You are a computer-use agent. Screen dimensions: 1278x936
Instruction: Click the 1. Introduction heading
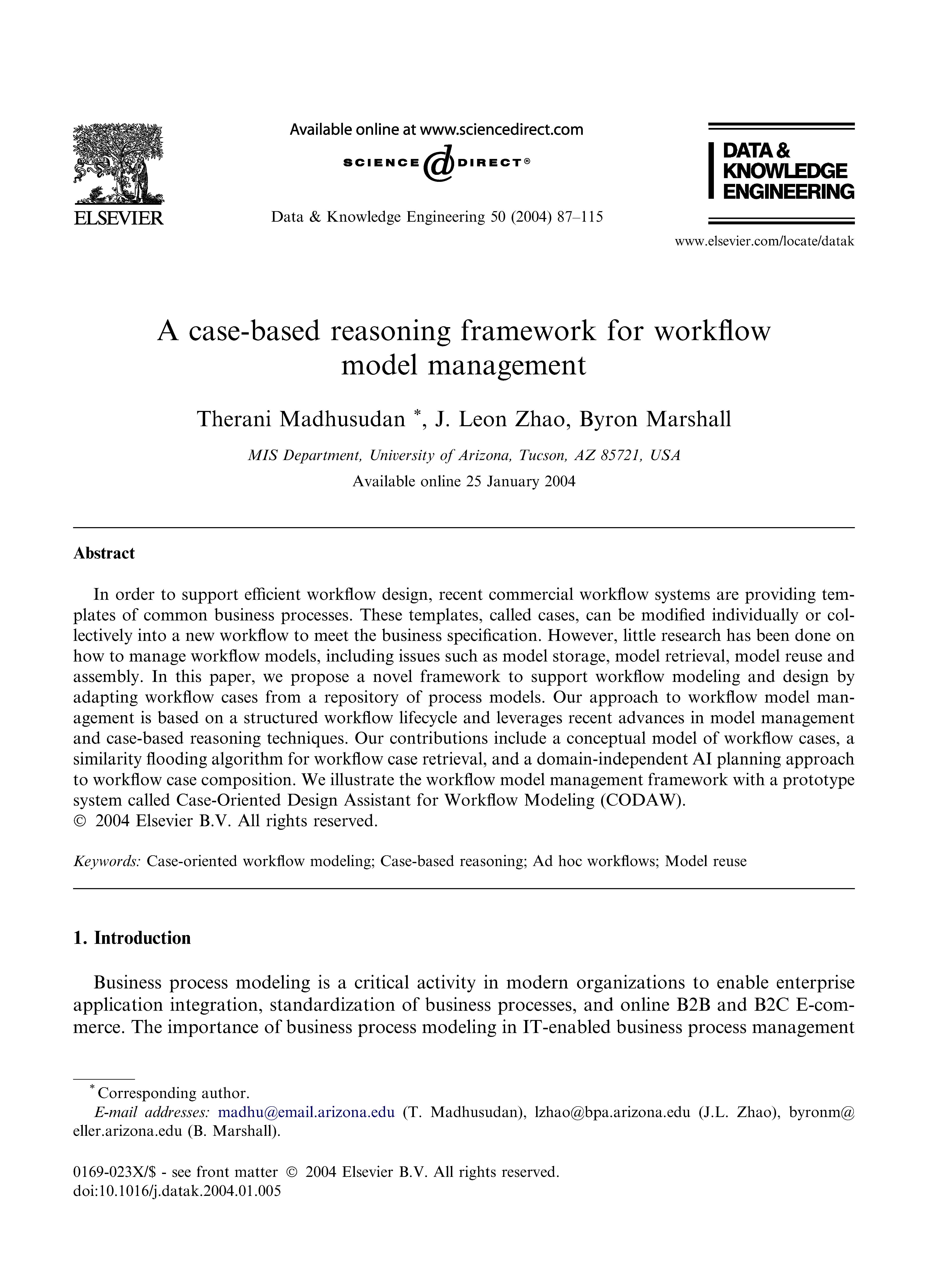point(132,938)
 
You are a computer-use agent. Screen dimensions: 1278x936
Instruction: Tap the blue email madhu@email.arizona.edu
point(306,1112)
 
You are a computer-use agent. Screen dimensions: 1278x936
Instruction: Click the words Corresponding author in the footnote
point(173,1093)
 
